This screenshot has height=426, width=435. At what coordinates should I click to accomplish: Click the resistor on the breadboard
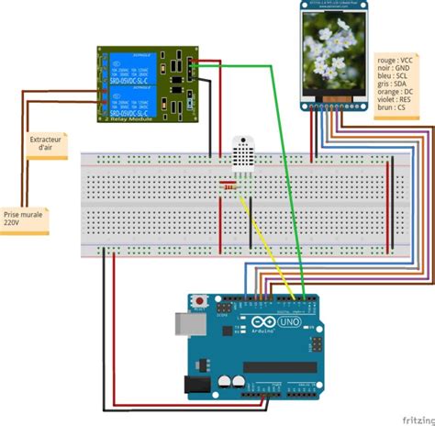pos(228,190)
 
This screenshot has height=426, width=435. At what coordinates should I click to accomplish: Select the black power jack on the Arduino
pos(196,387)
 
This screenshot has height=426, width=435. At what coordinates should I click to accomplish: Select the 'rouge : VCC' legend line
pos(397,60)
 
